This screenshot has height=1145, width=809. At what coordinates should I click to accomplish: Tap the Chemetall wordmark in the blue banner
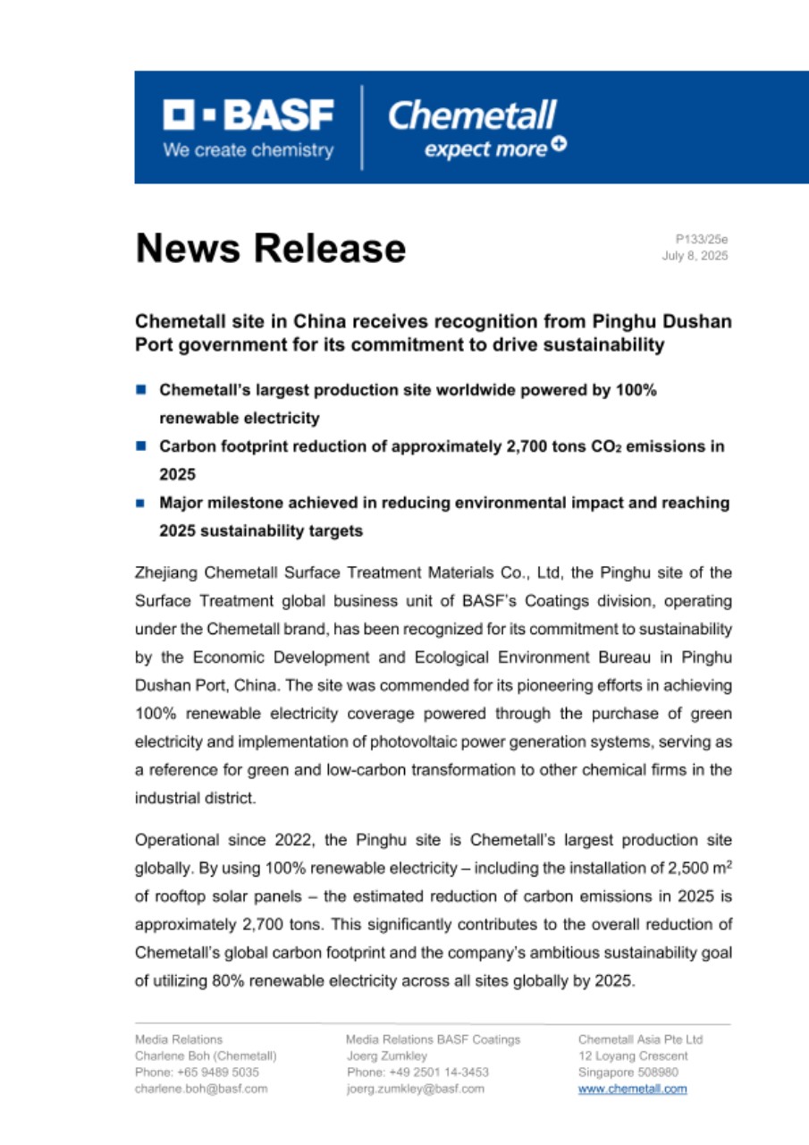pos(472,115)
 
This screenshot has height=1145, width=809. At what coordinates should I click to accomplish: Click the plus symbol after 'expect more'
pos(559,146)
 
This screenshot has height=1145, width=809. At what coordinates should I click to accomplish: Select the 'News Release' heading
pos(270,248)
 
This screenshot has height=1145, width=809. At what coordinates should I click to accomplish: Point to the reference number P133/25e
pos(702,239)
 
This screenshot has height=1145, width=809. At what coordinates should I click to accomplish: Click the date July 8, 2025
pos(695,256)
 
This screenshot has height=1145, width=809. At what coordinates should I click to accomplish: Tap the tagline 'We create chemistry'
pos(248,150)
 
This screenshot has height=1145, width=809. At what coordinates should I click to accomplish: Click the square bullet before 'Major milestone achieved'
pos(141,504)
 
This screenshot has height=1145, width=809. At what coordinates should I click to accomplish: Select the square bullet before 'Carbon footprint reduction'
pos(141,445)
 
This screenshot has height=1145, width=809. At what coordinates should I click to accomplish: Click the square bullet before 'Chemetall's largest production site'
pos(141,390)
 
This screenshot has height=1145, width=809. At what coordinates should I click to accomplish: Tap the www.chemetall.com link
pos(633,1089)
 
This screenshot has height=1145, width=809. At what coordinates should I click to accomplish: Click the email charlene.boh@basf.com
pos(201,1089)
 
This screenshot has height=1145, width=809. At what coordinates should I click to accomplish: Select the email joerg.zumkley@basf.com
pos(415,1089)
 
